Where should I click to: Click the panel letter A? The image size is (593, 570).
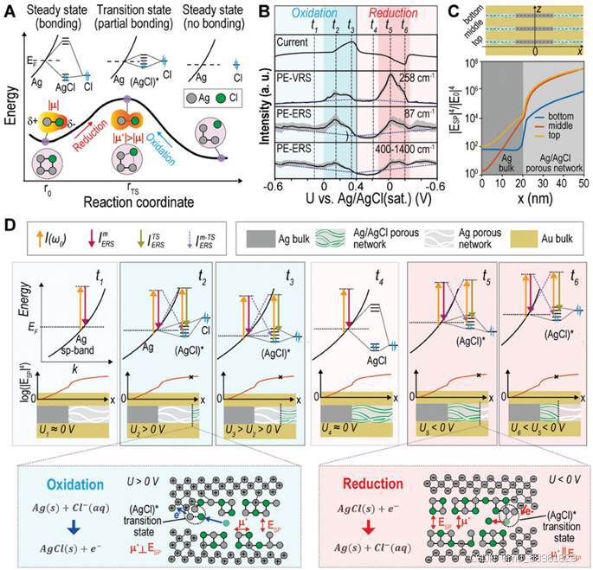pyautogui.click(x=10, y=11)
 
